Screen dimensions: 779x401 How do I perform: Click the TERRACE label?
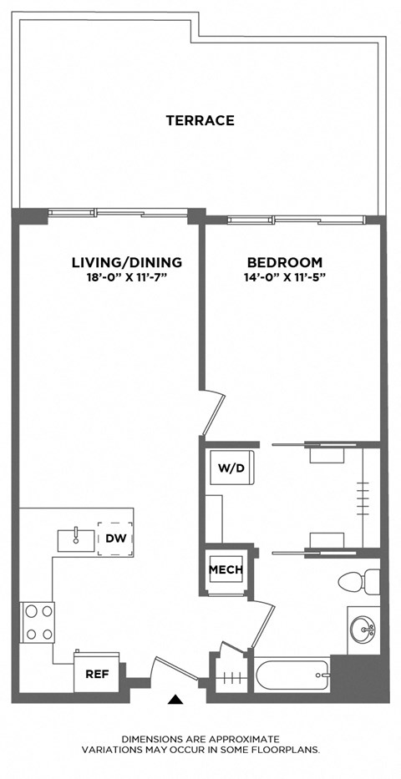point(200,120)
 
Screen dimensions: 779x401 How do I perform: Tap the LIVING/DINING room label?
point(126,262)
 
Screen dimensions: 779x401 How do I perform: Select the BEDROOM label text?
point(284,261)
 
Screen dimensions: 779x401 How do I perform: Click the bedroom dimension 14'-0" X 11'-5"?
point(284,276)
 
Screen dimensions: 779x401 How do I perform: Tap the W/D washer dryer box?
point(230,468)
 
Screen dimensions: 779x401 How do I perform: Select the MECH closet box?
point(226,570)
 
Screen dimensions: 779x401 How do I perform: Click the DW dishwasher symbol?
point(114,539)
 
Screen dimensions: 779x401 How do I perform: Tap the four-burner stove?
point(37,622)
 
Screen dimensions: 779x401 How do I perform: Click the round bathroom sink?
point(364,629)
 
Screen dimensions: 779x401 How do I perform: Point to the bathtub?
point(292,675)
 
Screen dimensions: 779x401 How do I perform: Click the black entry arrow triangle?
point(175,700)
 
